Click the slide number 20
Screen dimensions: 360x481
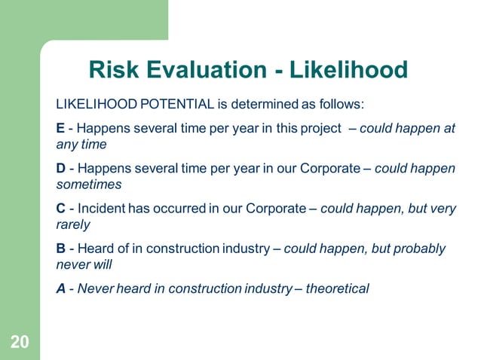[x=20, y=343]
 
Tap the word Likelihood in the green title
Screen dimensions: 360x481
[x=355, y=70]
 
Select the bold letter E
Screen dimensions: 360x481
[x=61, y=128]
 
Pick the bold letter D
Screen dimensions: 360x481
[x=62, y=168]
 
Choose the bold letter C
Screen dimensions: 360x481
[x=62, y=209]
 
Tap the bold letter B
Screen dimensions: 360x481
[x=61, y=249]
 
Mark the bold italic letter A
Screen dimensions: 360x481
[x=62, y=288]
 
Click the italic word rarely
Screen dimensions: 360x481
[x=74, y=224]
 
